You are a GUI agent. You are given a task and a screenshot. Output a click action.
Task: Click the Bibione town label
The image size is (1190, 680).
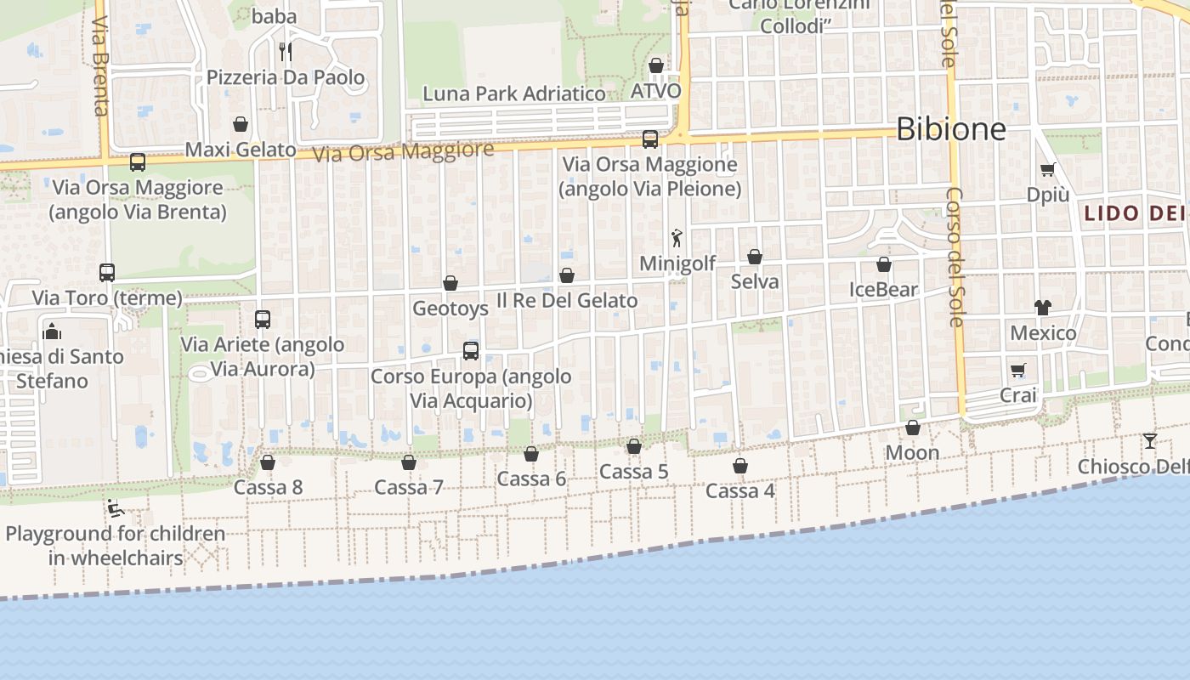(951, 129)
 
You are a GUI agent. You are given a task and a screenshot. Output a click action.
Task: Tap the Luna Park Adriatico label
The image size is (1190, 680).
(514, 93)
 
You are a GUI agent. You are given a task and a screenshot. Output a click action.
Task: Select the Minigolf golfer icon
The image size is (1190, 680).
(677, 239)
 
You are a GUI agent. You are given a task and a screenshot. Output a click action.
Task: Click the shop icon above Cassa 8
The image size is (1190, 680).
(268, 462)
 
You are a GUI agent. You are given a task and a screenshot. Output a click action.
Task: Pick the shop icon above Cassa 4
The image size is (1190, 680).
(740, 466)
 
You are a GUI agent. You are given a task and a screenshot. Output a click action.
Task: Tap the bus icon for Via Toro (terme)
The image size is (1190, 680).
(107, 273)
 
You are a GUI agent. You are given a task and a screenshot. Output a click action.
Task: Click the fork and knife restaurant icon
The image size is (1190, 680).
(286, 52)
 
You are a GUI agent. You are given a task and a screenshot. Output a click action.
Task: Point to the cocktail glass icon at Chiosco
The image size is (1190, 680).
(1150, 440)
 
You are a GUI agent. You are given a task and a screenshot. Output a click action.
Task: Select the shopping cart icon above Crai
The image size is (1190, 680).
(1018, 370)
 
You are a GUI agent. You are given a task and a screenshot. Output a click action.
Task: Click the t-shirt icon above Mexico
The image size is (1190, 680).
(1043, 308)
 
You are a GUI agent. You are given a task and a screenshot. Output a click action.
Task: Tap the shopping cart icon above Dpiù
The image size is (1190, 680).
(1047, 169)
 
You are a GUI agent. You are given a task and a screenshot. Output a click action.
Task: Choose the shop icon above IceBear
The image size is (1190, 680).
(884, 264)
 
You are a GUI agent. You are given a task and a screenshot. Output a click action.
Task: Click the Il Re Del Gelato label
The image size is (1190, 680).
(567, 300)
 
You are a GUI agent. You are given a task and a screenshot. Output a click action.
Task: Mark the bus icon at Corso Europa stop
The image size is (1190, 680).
(471, 350)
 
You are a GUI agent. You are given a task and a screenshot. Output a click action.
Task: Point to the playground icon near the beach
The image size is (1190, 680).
(116, 509)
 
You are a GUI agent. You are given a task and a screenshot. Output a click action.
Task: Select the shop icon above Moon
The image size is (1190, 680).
(913, 428)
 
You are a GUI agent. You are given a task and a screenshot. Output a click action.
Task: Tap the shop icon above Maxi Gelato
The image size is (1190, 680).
(241, 125)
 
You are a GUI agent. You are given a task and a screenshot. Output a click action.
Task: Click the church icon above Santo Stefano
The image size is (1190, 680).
(51, 331)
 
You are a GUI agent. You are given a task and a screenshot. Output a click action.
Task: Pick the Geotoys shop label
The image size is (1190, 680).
(450, 308)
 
